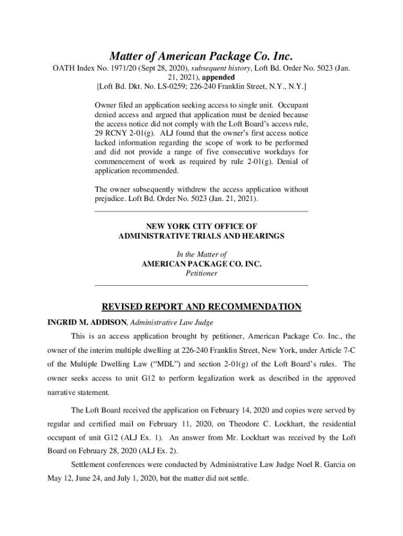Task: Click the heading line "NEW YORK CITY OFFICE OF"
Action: [x=201, y=226]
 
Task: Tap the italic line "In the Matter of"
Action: [x=201, y=254]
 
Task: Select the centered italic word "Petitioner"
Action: [x=201, y=273]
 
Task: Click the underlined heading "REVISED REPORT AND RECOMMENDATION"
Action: [x=201, y=307]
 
